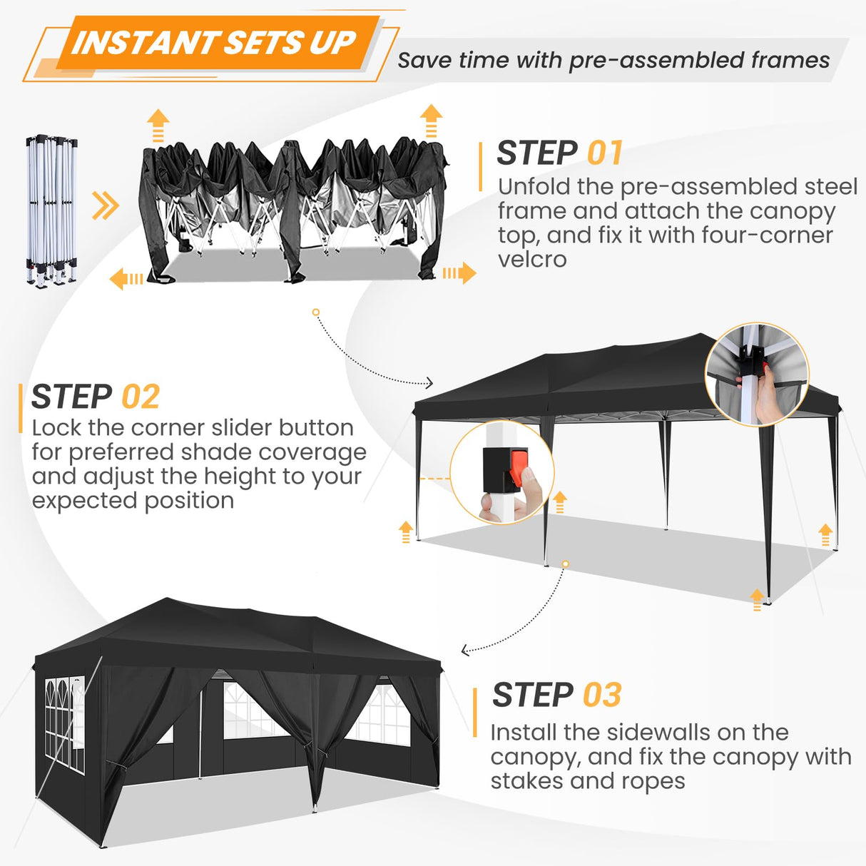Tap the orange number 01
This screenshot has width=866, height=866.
coord(605,153)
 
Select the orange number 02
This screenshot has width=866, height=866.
coord(141,397)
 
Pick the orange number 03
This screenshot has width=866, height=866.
coord(602,695)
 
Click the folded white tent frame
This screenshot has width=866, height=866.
coord(52,210)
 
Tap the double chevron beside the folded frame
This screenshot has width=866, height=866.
coord(106,207)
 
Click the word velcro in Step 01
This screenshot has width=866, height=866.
coord(532,260)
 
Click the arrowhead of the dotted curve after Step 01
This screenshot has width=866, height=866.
coord(429,383)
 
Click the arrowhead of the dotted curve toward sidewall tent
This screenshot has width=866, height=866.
coord(465,650)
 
